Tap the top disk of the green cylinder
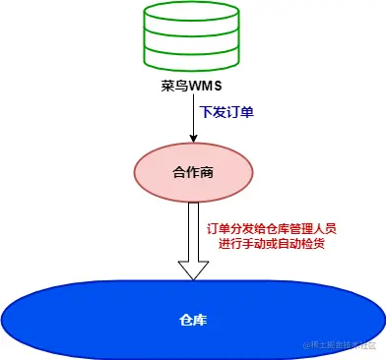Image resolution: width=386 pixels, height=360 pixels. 191,13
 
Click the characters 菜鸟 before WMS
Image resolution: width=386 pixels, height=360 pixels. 174,86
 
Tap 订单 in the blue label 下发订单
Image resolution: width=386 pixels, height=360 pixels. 240,112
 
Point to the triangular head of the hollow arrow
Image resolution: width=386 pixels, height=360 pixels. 192,270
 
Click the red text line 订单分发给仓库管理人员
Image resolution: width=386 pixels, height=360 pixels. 271,229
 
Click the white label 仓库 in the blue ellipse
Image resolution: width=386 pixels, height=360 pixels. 192,320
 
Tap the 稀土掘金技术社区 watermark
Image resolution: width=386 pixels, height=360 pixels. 341,345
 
